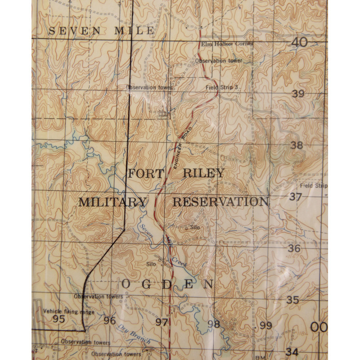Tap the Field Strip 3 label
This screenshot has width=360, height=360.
(x=221, y=87)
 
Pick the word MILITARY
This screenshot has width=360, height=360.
(x=112, y=202)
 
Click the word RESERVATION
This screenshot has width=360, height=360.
(x=220, y=202)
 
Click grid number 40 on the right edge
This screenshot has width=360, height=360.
(x=299, y=42)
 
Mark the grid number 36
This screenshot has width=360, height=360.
(x=294, y=248)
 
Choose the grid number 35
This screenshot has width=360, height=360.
(x=293, y=300)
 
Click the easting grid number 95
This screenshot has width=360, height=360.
(x=58, y=320)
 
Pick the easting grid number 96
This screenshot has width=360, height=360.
(x=110, y=321)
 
